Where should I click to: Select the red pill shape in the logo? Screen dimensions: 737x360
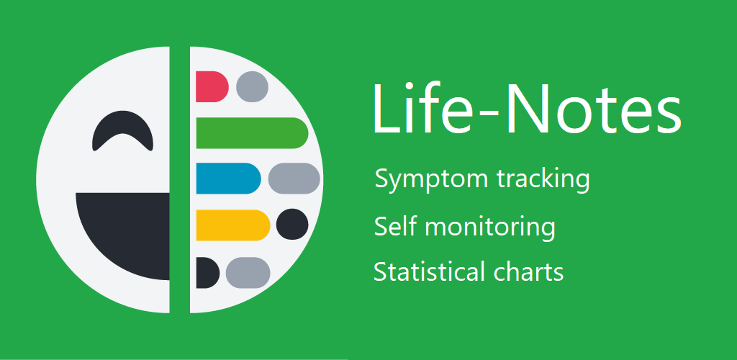coord(212,86)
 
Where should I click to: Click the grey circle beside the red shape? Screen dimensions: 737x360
coord(252,86)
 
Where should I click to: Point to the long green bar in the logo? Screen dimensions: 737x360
coord(252,133)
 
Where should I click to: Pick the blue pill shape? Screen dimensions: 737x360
coord(228,178)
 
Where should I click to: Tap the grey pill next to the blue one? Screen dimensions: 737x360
coord(294,178)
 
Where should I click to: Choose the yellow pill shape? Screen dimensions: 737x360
coord(233,225)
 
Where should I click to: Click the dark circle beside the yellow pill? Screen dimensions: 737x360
coord(292,224)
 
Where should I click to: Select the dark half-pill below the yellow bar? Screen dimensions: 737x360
coord(207,273)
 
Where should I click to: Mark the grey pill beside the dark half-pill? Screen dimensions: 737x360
coord(248,273)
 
